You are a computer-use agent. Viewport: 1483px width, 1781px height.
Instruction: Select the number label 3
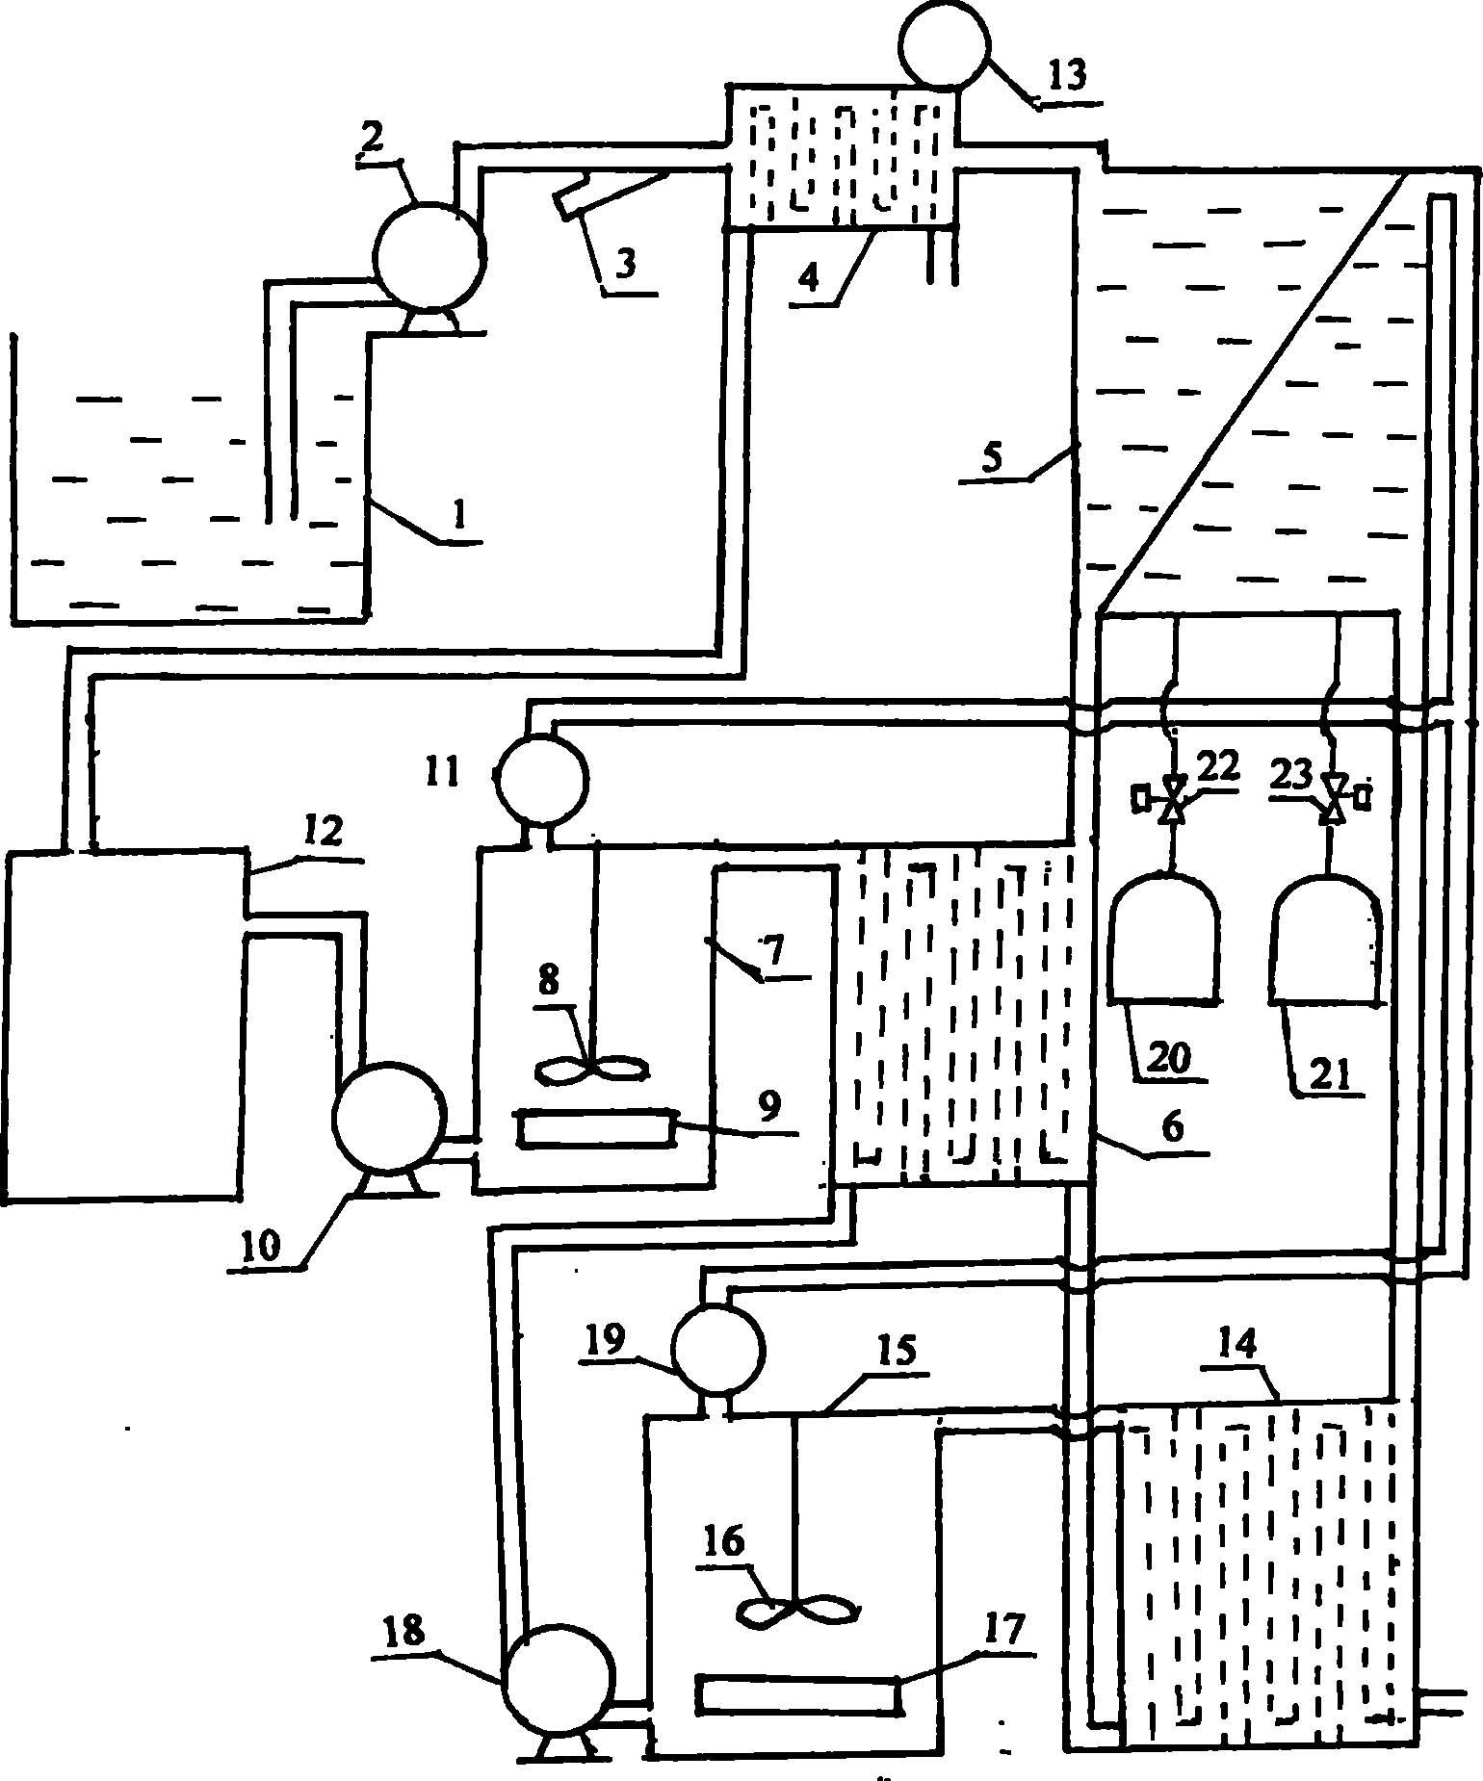626,265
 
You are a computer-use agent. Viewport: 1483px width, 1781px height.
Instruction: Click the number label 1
459,516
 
